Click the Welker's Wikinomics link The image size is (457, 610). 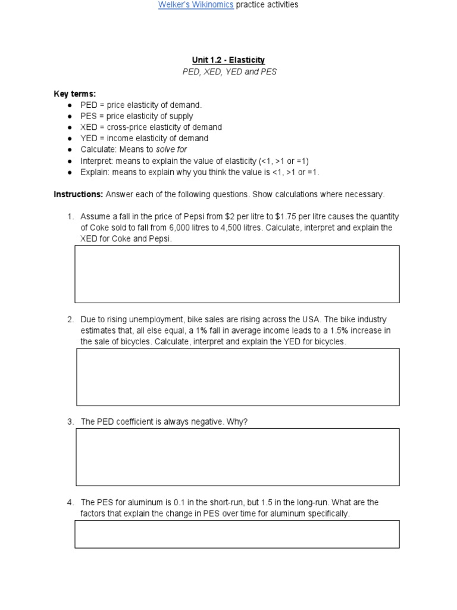tap(195, 5)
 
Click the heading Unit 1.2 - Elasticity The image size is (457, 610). tap(228, 60)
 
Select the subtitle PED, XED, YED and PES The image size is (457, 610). tap(228, 71)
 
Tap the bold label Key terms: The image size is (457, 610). tap(74, 94)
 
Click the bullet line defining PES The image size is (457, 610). tap(137, 116)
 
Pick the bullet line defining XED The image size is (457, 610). tap(151, 127)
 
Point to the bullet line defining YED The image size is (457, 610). tap(145, 138)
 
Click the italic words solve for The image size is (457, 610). tap(171, 150)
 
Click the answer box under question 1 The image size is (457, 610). tap(237, 274)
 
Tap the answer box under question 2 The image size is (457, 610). tap(238, 377)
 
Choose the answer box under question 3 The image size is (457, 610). tap(237, 457)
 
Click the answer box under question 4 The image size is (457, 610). tap(237, 534)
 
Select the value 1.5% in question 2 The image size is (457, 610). tap(321, 331)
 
